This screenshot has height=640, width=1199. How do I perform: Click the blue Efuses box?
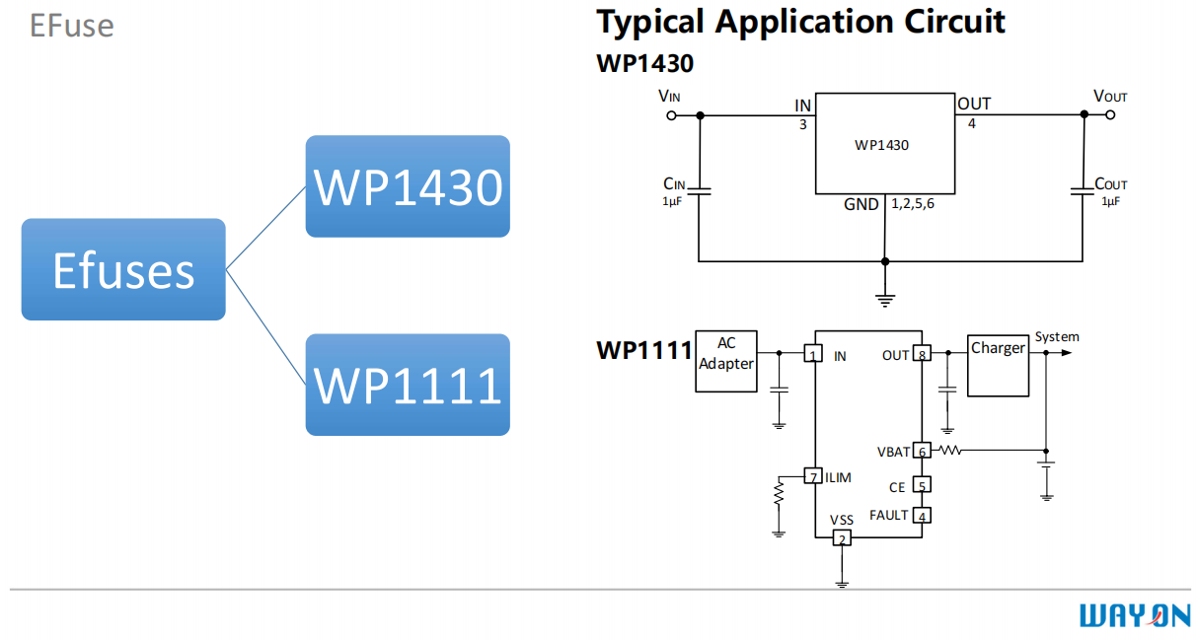pos(123,269)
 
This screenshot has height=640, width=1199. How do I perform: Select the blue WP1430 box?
pos(408,186)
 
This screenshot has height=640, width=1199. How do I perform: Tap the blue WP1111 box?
pos(408,385)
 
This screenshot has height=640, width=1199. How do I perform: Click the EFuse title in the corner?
pos(71,25)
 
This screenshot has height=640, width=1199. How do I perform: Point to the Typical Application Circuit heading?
pos(801,22)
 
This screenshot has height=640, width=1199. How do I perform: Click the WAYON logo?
pos(1134,616)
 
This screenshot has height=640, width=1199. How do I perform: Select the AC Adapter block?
pos(726,360)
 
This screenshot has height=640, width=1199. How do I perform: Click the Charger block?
pos(997,364)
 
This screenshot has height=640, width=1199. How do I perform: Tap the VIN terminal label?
pos(669,96)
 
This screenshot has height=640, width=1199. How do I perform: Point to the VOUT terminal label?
pos(1110,96)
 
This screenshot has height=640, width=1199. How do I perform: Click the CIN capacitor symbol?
pos(699,190)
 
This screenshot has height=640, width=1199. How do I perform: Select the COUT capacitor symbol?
pos(1084,190)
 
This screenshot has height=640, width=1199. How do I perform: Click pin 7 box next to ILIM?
pos(813,476)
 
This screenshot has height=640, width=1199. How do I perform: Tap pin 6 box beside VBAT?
pos(922,451)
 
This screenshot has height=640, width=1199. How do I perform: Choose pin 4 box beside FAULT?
pos(922,515)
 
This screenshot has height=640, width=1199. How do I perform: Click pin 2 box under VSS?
pos(842,537)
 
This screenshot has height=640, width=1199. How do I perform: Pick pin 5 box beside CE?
pos(922,485)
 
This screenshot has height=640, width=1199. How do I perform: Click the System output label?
pos(1057,337)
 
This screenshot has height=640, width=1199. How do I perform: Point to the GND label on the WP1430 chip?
pos(861,205)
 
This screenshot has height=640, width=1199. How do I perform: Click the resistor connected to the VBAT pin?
pos(949,451)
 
